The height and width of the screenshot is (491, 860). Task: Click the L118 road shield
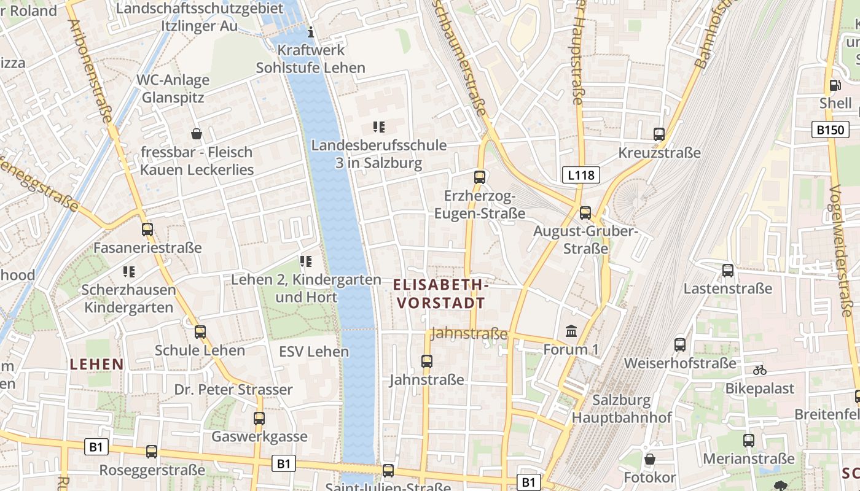[580, 176]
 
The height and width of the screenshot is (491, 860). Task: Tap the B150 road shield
[831, 130]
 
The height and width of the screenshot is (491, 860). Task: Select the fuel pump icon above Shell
[834, 85]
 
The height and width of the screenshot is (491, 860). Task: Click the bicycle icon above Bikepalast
[759, 370]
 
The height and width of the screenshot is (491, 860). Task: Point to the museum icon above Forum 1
[571, 331]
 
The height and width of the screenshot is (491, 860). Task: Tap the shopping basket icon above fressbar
[197, 133]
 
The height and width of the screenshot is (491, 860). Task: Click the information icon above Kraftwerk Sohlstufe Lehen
[311, 31]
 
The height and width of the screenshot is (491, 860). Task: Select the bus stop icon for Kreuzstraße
[659, 134]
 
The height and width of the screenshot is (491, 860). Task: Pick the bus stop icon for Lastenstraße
[728, 270]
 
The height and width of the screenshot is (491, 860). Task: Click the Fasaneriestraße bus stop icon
[147, 230]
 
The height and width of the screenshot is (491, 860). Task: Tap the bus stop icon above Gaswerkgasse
[259, 419]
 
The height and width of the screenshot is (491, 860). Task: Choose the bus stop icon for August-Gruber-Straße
[585, 213]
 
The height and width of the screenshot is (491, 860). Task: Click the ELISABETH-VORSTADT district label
[441, 294]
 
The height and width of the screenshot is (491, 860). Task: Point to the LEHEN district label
[97, 365]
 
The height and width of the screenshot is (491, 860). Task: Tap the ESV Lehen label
[314, 352]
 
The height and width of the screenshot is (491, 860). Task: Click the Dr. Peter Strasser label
[233, 390]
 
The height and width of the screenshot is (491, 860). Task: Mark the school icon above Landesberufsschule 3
[379, 127]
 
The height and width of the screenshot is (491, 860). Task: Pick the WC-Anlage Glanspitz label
[173, 89]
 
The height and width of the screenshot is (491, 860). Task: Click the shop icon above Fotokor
[650, 459]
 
